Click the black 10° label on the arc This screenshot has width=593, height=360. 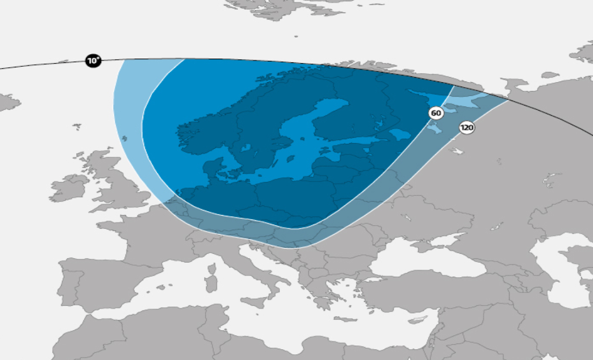pos(94,61)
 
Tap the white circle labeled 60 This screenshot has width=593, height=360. pos(436,113)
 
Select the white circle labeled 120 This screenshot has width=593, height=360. pos(467,128)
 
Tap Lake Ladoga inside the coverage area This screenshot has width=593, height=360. pos(400,135)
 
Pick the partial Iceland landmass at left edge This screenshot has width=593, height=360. pos(6,102)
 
